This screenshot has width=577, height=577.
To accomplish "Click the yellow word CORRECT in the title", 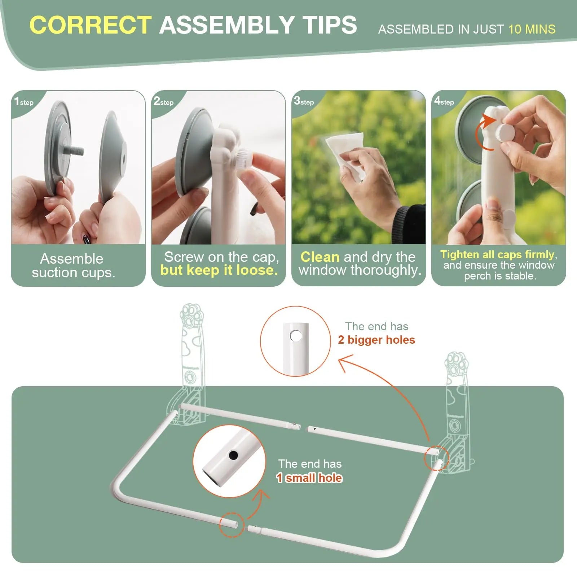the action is tap(91, 25).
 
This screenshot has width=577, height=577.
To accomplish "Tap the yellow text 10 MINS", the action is tap(532, 29).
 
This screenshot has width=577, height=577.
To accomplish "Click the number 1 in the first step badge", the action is tap(17, 101).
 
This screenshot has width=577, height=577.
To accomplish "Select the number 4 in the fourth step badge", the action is tap(437, 101).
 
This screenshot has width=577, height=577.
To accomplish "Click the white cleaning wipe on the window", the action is tap(344, 151).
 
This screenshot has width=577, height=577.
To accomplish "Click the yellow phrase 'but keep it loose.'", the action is tap(219, 270).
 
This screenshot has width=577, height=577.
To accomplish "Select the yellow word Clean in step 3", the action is tap(320, 257).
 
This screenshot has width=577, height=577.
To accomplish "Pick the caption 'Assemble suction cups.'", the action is tap(73, 265).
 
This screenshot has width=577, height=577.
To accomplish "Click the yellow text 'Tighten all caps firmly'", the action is tap(497, 255).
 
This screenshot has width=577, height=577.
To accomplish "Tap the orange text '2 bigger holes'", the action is tap(376, 340).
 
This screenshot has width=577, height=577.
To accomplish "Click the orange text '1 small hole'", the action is tap(309, 478).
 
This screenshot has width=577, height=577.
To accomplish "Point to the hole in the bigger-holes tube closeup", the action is tap(296, 336).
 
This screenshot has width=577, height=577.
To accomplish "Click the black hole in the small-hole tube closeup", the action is tap(233, 455).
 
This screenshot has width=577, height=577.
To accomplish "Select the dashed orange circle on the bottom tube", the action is tap(232, 525).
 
